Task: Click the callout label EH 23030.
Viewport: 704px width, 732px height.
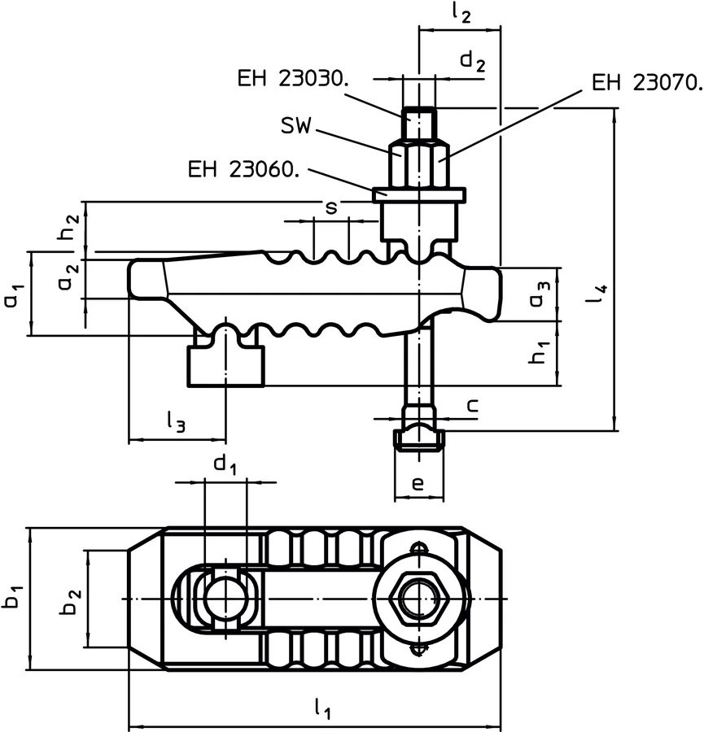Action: (x=294, y=78)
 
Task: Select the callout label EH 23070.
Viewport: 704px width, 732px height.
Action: (x=647, y=82)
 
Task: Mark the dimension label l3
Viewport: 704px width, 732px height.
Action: (x=175, y=420)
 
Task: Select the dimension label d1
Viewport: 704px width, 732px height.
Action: (x=225, y=465)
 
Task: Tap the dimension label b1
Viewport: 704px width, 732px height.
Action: (x=12, y=598)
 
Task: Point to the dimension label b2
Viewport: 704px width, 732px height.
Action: (x=72, y=598)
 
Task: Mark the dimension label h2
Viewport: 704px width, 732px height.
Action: (x=72, y=230)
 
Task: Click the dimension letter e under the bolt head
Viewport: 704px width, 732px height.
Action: (x=418, y=484)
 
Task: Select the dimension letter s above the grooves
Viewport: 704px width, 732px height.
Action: (x=330, y=207)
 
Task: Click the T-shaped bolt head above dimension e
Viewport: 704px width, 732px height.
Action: (x=418, y=438)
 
